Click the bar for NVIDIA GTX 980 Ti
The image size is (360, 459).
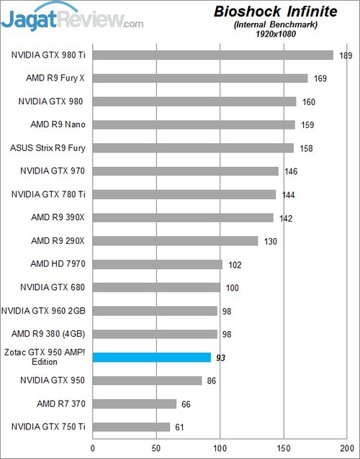[212, 55]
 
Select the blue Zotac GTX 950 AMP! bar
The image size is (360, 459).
[151, 357]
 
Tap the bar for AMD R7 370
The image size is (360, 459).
[134, 404]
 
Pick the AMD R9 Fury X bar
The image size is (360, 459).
[199, 78]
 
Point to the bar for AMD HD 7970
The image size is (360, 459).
[157, 264]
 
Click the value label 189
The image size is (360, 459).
[344, 55]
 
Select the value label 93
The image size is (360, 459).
[221, 358]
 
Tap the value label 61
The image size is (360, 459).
[180, 427]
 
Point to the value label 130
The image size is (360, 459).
[270, 241]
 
